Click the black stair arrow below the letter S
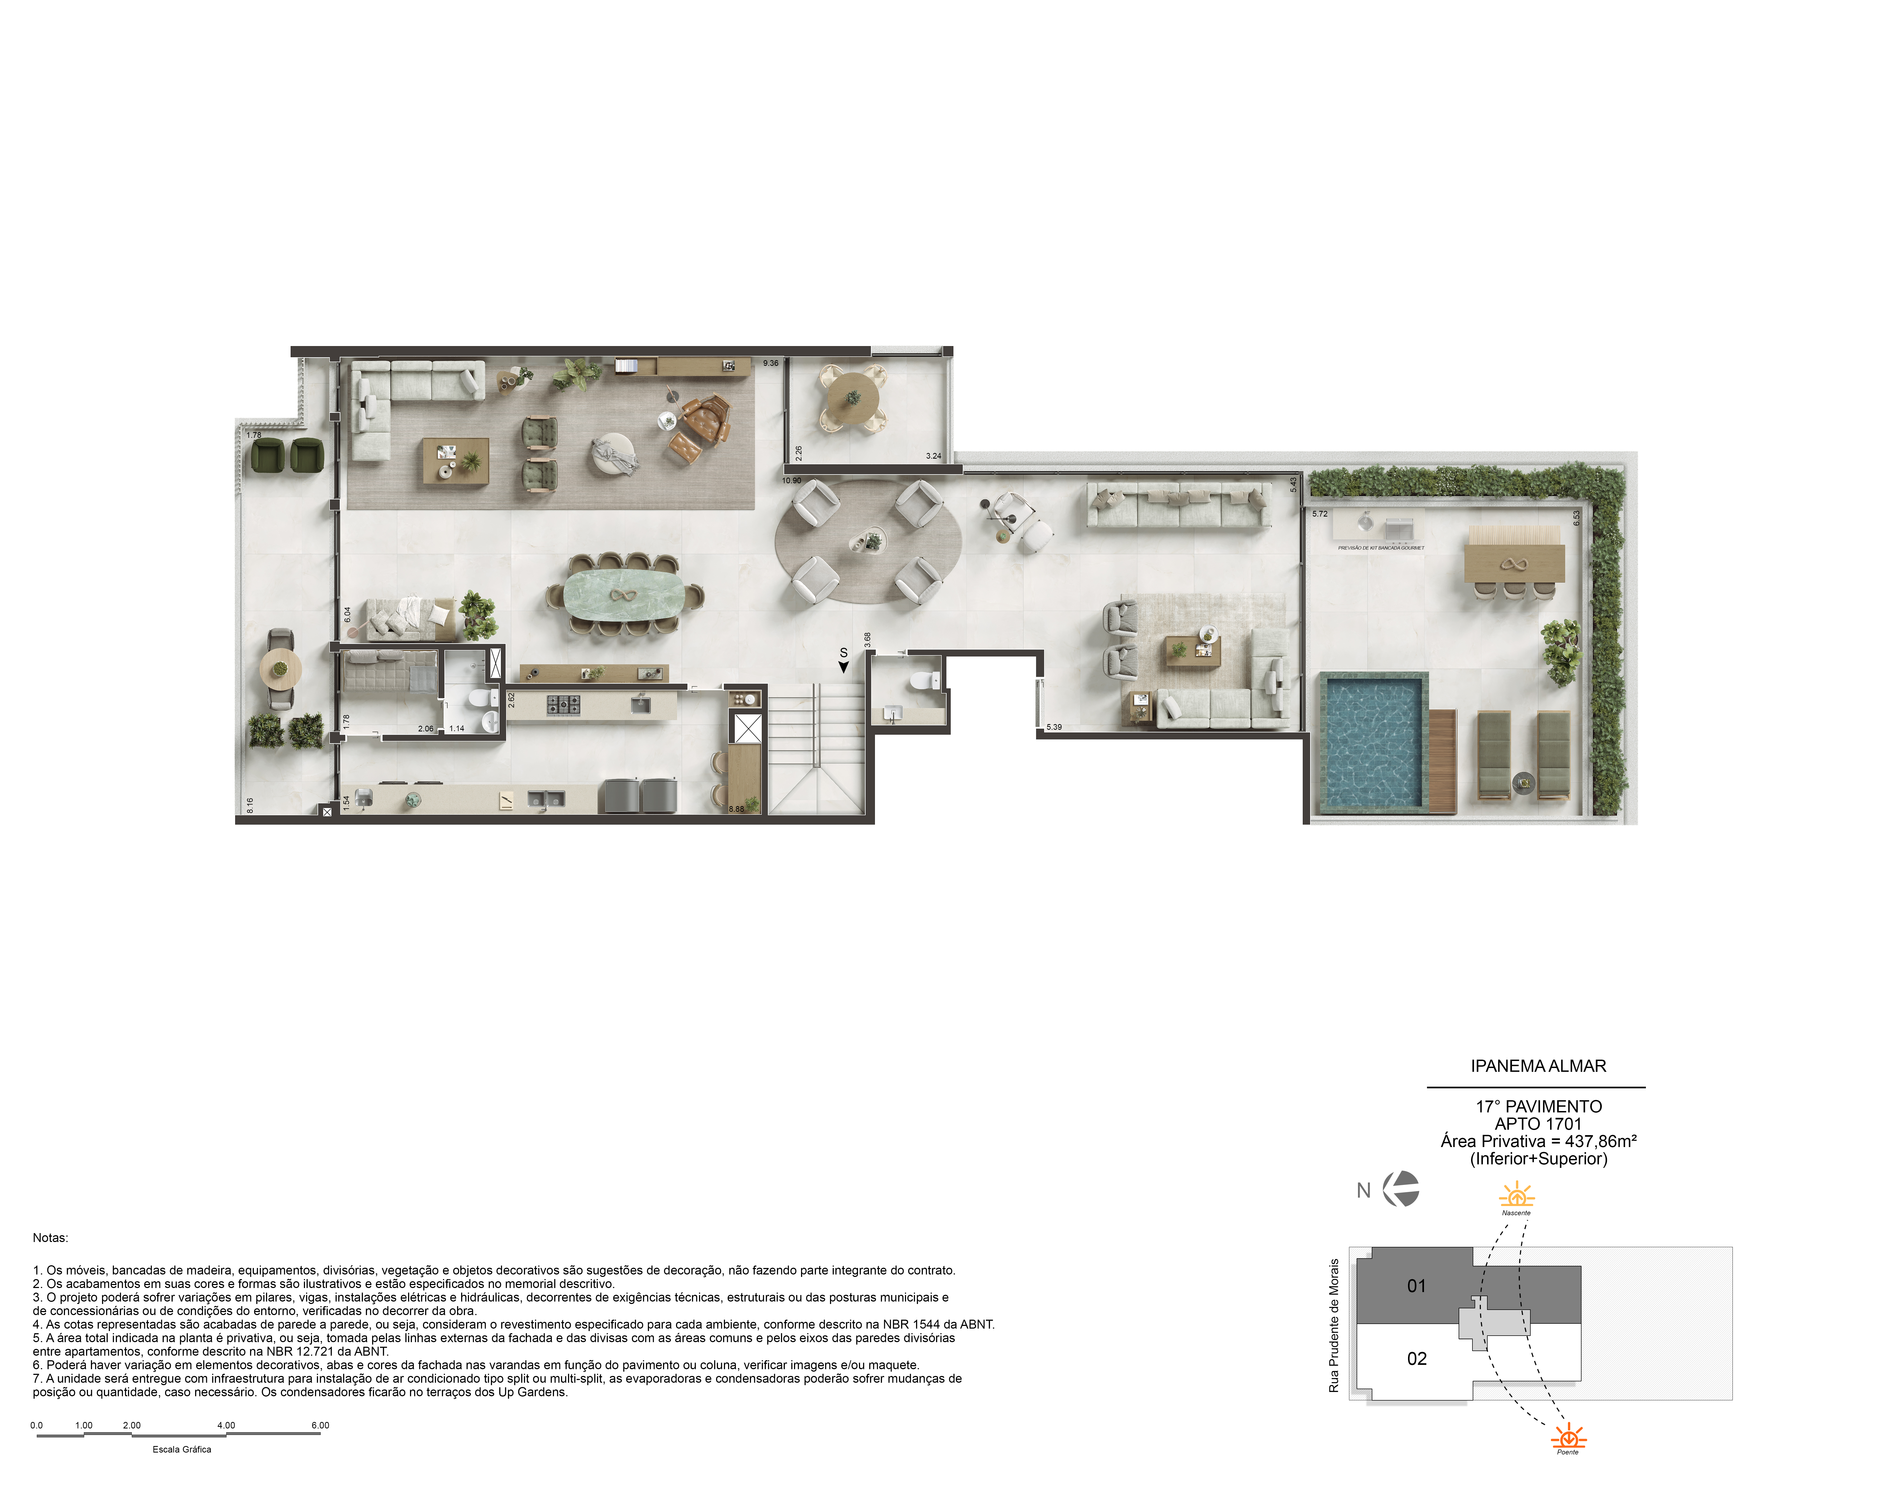844,668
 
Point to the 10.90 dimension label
791,480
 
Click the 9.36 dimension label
770,363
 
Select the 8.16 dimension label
250,805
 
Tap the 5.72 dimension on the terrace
1319,514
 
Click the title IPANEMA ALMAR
1538,1066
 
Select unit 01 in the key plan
1417,1285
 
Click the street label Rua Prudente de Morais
1333,1325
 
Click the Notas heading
51,1237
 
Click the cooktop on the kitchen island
563,704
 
